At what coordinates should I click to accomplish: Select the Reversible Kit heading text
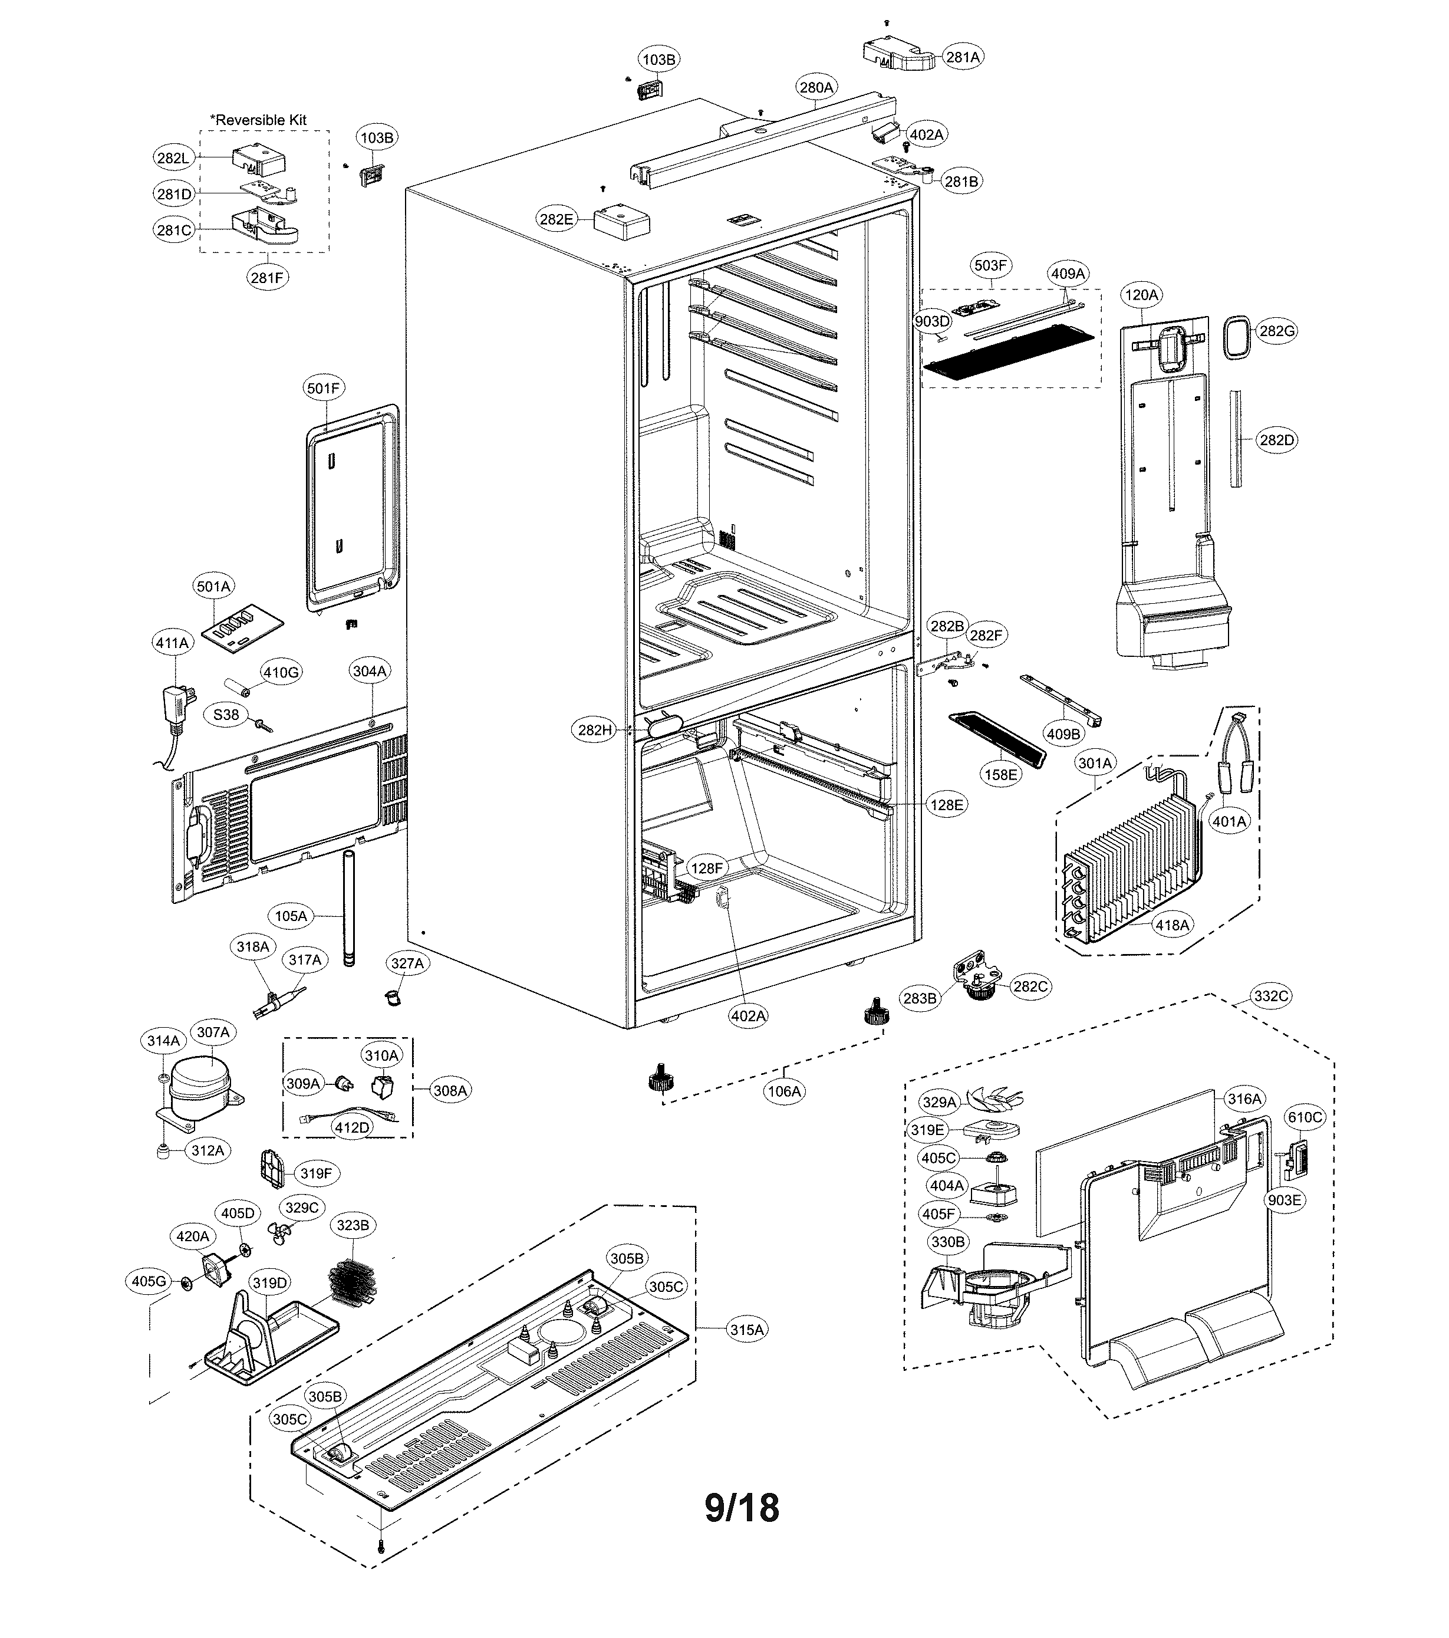259,120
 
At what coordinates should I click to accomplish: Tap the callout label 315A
746,1330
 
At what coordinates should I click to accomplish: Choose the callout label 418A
1172,925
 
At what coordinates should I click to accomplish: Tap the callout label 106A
783,1091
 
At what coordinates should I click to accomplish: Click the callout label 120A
1141,295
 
